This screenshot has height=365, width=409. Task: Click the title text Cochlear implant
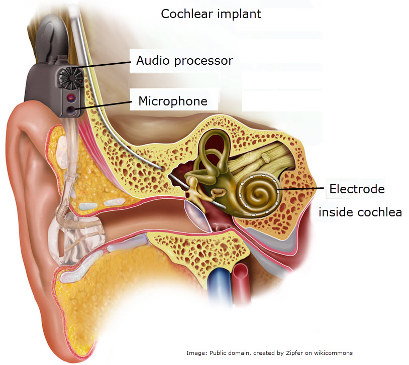(211, 14)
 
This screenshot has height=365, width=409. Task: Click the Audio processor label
(184, 61)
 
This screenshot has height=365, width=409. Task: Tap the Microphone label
(173, 101)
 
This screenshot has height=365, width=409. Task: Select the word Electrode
(357, 189)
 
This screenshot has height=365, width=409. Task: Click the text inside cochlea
(360, 212)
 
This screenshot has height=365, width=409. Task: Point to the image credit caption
(269, 353)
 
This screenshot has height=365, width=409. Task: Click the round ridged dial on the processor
(70, 77)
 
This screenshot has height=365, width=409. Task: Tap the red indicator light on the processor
(71, 98)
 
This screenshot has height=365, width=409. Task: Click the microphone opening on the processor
(70, 110)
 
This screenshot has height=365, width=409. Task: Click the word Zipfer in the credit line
(294, 353)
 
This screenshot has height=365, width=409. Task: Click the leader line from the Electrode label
(300, 189)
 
